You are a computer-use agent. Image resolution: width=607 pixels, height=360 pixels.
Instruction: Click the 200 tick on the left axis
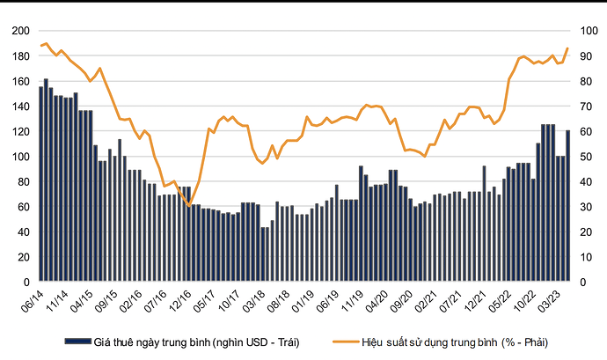click(19, 31)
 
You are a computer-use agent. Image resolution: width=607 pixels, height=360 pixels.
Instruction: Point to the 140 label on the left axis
click(19, 107)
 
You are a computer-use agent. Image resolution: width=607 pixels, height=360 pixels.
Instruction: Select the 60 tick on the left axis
click(22, 208)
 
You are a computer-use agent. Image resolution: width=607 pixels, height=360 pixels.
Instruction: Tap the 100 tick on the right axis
click(587, 31)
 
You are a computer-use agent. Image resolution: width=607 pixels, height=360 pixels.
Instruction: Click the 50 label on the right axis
click(584, 157)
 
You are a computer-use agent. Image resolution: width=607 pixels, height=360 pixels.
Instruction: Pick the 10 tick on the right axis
click(584, 258)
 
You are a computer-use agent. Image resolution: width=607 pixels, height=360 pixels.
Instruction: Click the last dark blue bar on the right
click(567, 207)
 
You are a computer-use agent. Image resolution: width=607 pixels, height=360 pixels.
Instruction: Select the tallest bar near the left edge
click(46, 180)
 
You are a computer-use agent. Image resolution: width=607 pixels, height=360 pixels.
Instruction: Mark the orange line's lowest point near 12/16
click(189, 206)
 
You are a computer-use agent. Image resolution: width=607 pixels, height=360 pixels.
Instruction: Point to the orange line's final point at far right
click(567, 48)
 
